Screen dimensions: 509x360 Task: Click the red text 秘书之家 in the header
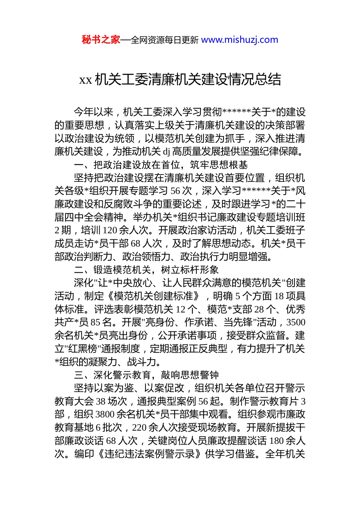(x=101, y=40)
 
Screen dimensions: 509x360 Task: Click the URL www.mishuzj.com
(x=239, y=40)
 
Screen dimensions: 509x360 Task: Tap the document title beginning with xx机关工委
(x=180, y=80)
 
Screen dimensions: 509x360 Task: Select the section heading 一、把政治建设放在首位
(x=161, y=165)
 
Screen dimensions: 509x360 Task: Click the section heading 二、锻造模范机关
(x=146, y=270)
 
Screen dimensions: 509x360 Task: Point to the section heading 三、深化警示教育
(x=146, y=375)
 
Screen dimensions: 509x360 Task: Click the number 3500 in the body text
(x=296, y=322)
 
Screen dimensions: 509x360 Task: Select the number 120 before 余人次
(x=110, y=230)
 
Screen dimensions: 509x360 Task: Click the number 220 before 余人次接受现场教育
(x=139, y=428)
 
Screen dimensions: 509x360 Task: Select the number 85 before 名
(x=95, y=322)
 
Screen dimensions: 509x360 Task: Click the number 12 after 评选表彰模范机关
(x=180, y=309)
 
